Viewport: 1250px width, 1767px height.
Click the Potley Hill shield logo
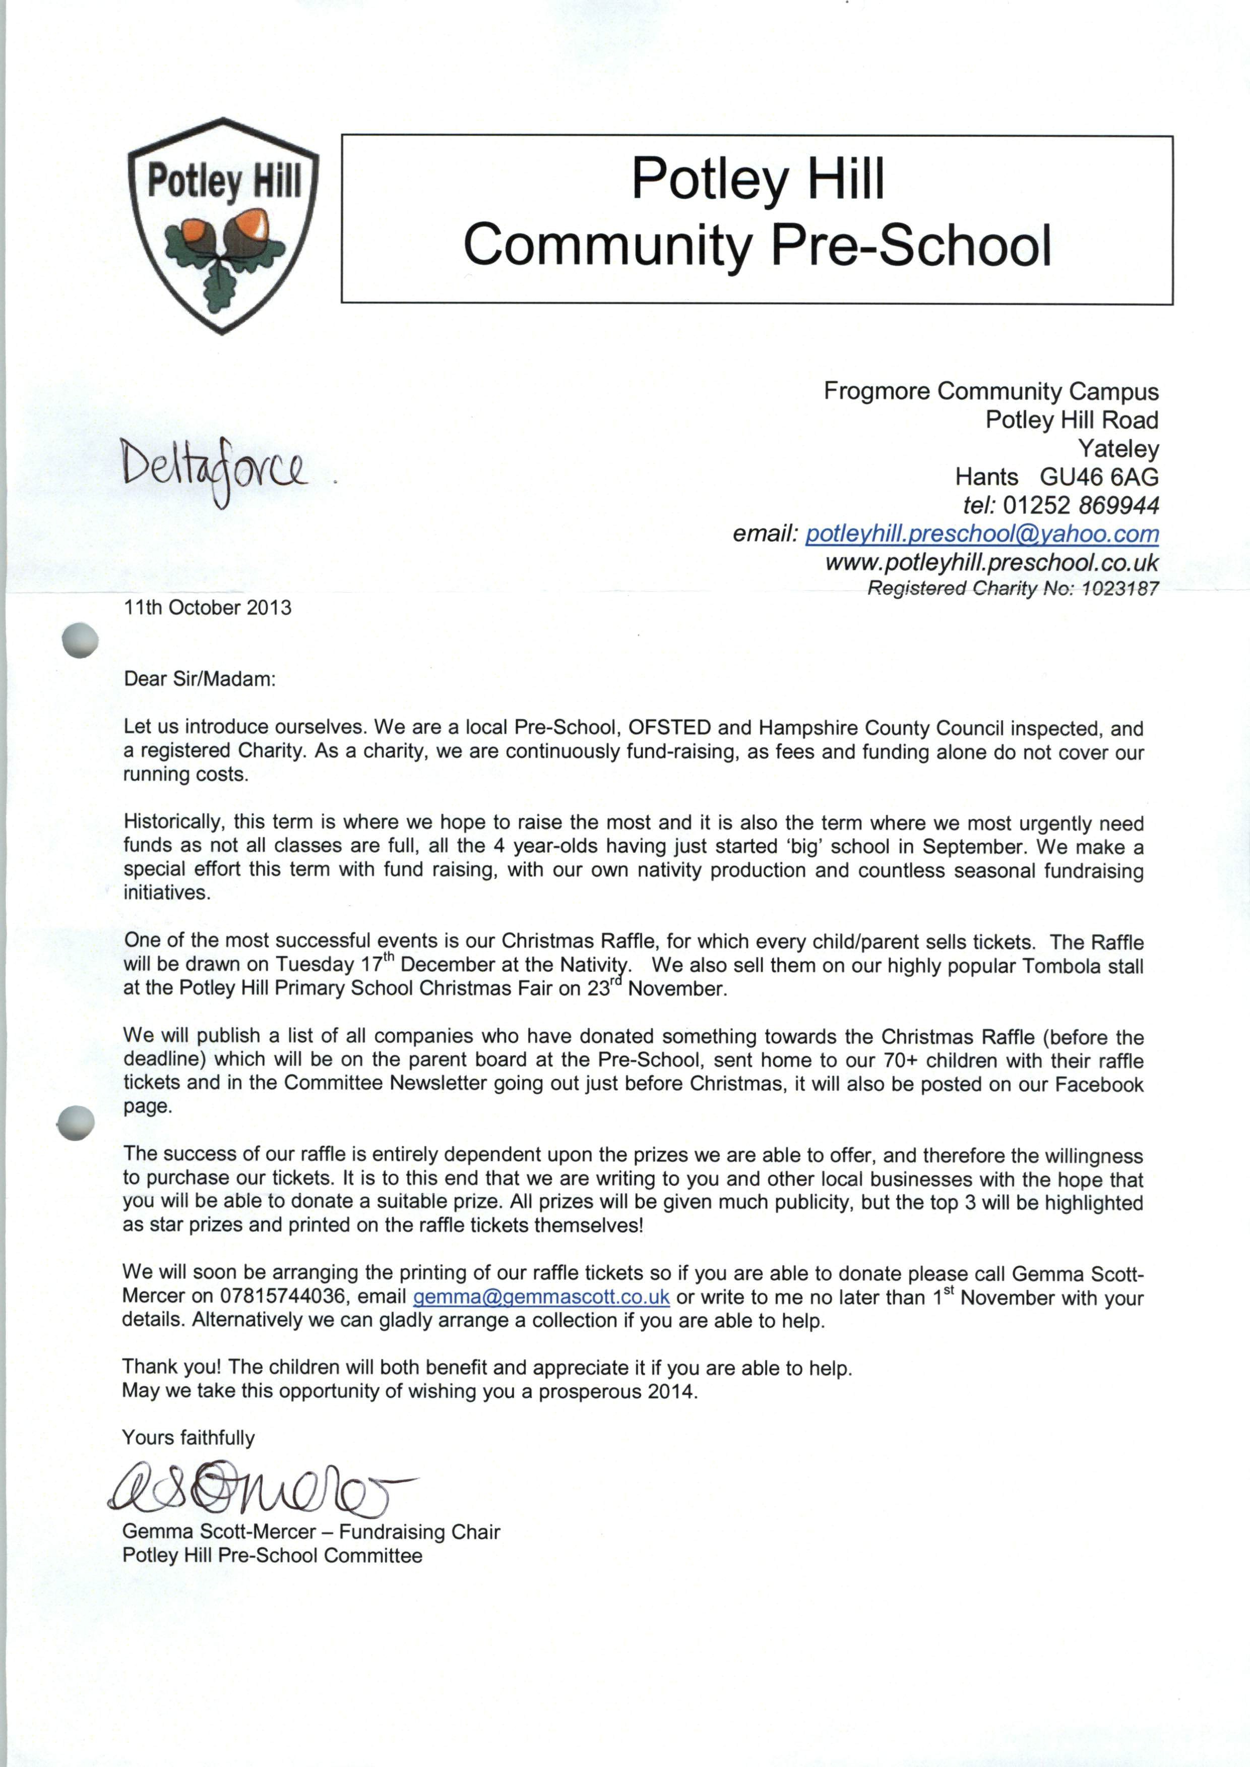(222, 225)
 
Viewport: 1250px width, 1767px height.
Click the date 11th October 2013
(208, 608)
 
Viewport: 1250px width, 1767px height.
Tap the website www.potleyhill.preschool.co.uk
(991, 562)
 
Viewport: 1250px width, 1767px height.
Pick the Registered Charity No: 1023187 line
(1012, 589)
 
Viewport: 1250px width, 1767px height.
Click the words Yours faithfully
(189, 1438)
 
